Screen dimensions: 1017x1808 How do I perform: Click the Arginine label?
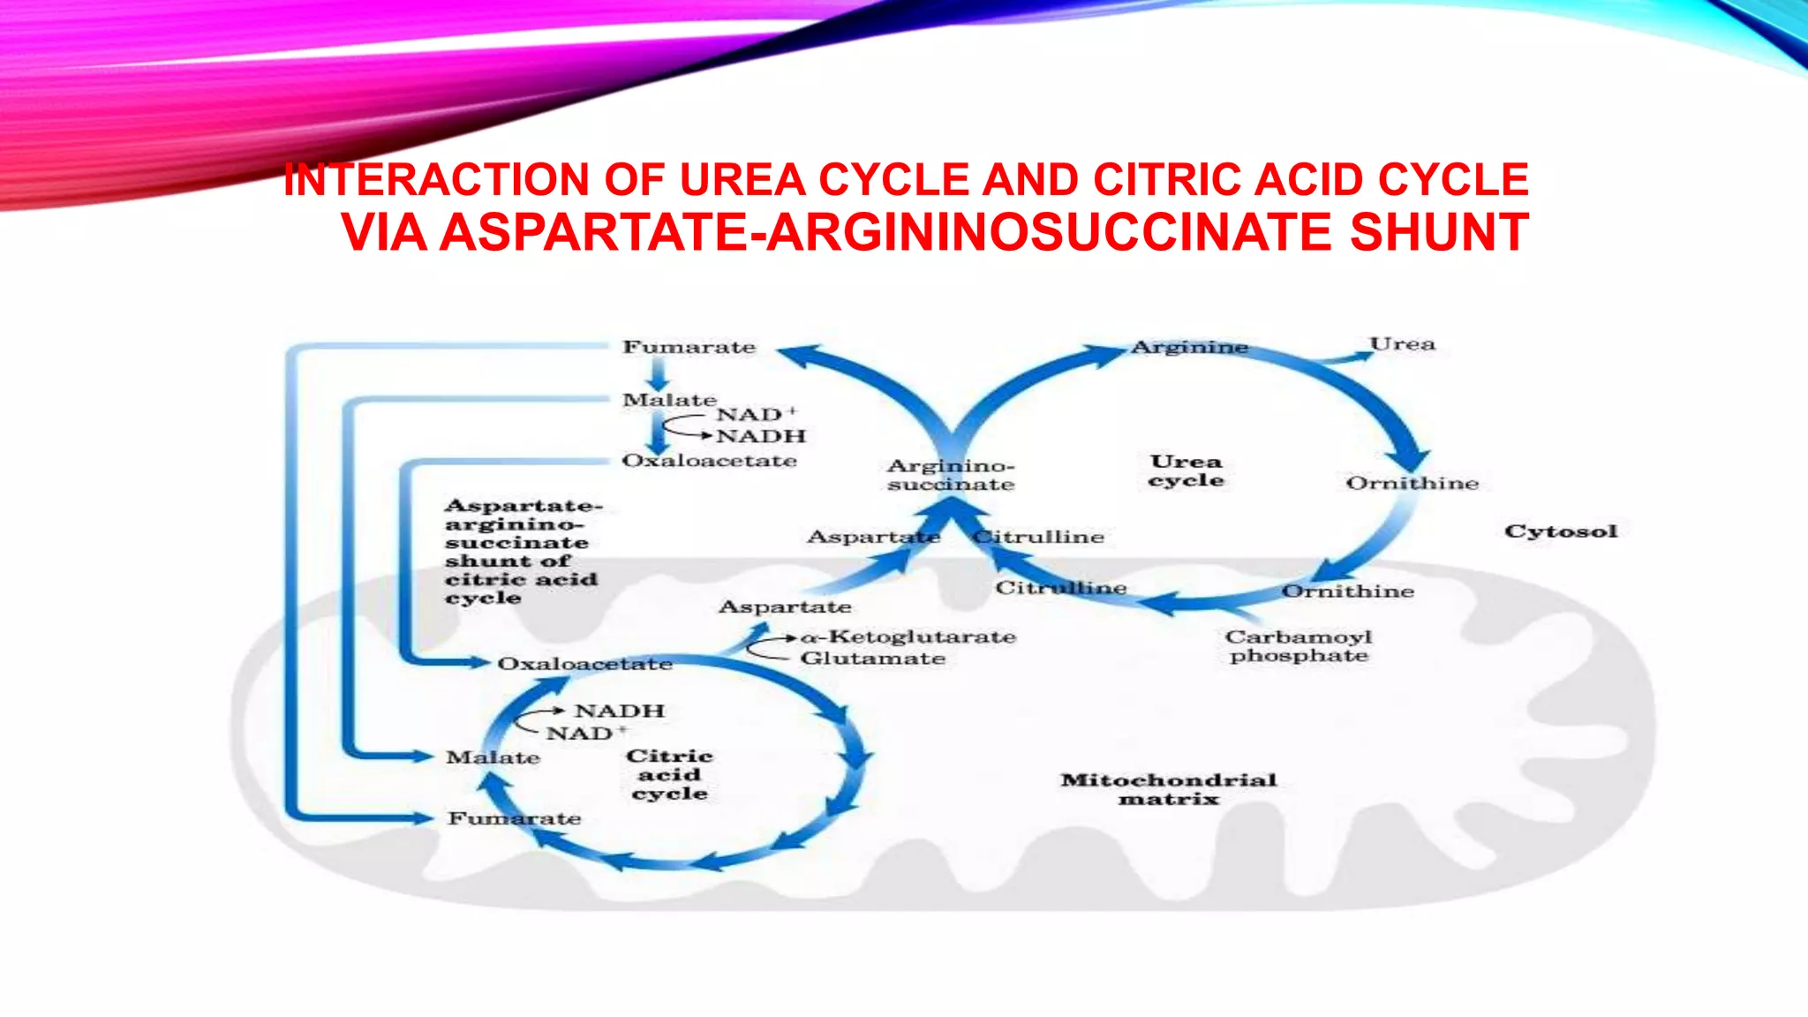[x=1189, y=347]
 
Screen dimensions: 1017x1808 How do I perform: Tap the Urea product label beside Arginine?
[x=1402, y=343]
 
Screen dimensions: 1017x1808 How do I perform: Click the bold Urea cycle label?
[x=1186, y=471]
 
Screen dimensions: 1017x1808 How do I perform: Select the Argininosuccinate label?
[x=951, y=475]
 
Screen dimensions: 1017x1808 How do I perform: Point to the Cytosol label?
[x=1561, y=531]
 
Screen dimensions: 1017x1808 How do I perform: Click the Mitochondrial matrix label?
[x=1168, y=789]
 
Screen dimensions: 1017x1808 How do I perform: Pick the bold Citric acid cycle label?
[x=669, y=774]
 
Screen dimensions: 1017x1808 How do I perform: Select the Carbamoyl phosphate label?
[x=1299, y=646]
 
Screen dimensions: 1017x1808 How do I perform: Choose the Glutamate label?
[x=872, y=659]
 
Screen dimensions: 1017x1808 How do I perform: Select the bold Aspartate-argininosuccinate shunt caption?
[x=521, y=552]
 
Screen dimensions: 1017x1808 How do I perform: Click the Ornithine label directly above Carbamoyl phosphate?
[x=1347, y=591]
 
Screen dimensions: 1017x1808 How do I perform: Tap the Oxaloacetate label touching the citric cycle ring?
[x=584, y=664]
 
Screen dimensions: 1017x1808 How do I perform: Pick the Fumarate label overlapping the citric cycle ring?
[x=514, y=818]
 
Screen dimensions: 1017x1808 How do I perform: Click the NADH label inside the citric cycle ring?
[x=620, y=711]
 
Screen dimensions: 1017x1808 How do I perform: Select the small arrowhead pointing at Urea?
[x=1357, y=355]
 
